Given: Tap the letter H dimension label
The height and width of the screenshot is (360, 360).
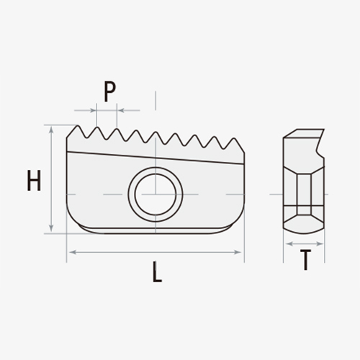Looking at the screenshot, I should (x=33, y=181).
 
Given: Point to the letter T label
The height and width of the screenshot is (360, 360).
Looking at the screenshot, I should (x=306, y=261).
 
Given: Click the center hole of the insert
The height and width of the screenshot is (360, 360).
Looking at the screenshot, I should (x=155, y=192).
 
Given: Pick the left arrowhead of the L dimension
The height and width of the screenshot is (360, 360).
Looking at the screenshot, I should (x=69, y=252).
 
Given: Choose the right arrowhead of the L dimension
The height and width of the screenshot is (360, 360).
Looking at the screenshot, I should (x=241, y=252).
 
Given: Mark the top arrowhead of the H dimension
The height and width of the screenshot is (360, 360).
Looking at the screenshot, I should (x=51, y=128).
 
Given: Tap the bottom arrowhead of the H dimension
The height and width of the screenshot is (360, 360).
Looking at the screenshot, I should (x=51, y=230).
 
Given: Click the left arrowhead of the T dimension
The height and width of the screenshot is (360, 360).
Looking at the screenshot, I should (x=287, y=244).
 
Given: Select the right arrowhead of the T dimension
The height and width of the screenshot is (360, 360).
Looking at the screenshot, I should (x=322, y=244).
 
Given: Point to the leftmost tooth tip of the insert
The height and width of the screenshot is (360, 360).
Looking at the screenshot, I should (x=76, y=127).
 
